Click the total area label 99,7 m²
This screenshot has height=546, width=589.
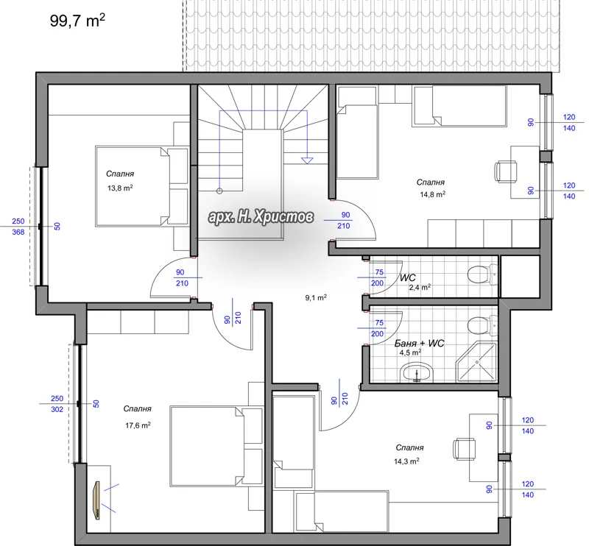[x=77, y=21]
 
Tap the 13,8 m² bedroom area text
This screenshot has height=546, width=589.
[x=120, y=188]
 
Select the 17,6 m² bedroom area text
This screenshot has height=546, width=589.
[x=138, y=425]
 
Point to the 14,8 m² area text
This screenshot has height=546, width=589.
[x=433, y=194]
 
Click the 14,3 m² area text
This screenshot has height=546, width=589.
[x=406, y=461]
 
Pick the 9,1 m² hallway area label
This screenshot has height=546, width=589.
[x=316, y=298]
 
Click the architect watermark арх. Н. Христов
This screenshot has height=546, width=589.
[x=261, y=216]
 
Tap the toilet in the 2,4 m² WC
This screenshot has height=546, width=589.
[x=482, y=274]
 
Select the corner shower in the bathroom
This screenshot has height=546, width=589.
[x=476, y=361]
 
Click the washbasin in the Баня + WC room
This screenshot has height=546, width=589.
[x=417, y=373]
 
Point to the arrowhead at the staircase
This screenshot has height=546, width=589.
[x=307, y=160]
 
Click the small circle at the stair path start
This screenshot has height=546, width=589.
[x=219, y=191]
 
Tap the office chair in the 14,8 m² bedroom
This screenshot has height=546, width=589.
[x=505, y=171]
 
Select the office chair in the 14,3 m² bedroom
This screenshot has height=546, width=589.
[x=465, y=448]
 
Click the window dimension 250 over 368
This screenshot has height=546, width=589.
[x=18, y=227]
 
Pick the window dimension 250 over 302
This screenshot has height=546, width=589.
[x=57, y=404]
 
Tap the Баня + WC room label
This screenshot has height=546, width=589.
[x=419, y=343]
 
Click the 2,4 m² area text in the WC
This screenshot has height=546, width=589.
[x=420, y=287]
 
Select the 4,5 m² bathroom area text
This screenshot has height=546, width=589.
[x=410, y=352]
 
